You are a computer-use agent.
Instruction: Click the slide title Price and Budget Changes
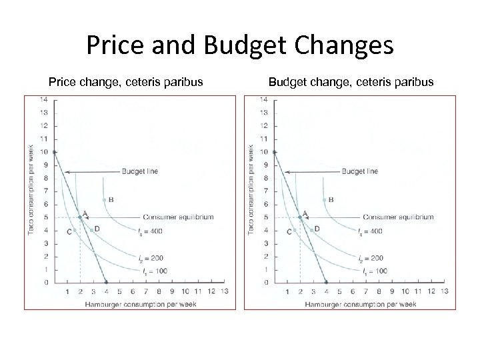click(240, 45)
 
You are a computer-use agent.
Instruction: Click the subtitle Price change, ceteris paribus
click(126, 82)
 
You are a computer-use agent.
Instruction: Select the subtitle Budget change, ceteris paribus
click(351, 82)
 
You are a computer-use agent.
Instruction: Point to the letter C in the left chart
click(69, 231)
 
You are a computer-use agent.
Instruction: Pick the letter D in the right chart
click(317, 229)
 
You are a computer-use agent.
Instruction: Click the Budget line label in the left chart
click(139, 171)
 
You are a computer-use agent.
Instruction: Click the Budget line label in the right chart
click(359, 171)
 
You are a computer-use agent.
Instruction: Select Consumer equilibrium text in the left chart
click(179, 217)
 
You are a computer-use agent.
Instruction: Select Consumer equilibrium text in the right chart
click(399, 217)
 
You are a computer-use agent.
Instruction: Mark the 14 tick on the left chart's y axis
click(44, 100)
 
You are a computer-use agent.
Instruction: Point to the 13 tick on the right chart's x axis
click(444, 291)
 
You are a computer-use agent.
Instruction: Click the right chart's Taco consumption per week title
click(251, 190)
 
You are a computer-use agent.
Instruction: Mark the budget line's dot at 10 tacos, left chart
click(54, 152)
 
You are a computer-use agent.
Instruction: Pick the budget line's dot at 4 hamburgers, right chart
click(326, 282)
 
